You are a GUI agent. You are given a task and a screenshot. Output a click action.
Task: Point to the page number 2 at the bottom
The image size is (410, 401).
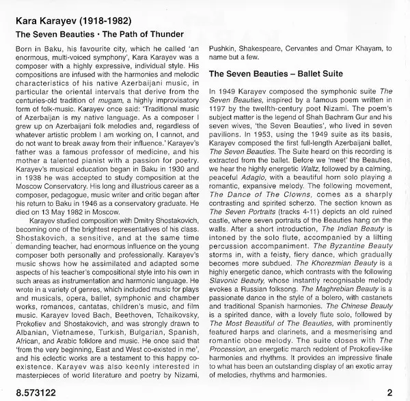coord(388,392)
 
